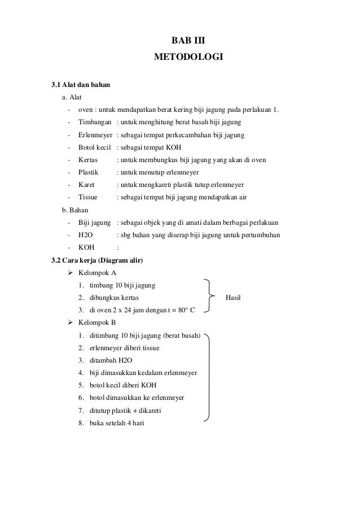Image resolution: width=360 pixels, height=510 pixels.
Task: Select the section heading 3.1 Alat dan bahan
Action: click(81, 85)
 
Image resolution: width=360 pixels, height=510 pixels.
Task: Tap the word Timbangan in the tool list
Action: click(94, 122)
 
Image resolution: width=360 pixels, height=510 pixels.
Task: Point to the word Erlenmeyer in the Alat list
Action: click(95, 135)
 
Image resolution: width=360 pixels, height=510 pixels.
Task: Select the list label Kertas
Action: click(89, 160)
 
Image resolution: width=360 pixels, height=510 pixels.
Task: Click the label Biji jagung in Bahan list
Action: click(94, 222)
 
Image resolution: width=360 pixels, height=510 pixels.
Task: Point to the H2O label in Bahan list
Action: click(86, 234)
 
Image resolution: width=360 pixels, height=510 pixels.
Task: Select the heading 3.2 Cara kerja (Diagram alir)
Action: click(97, 260)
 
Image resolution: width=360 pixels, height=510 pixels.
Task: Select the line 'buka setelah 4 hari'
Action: click(112, 422)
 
